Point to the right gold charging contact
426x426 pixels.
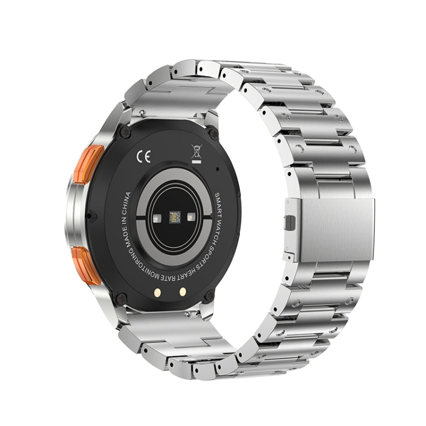[183, 290]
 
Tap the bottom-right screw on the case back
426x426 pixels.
[209, 296]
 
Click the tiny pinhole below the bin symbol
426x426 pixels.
[218, 169]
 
